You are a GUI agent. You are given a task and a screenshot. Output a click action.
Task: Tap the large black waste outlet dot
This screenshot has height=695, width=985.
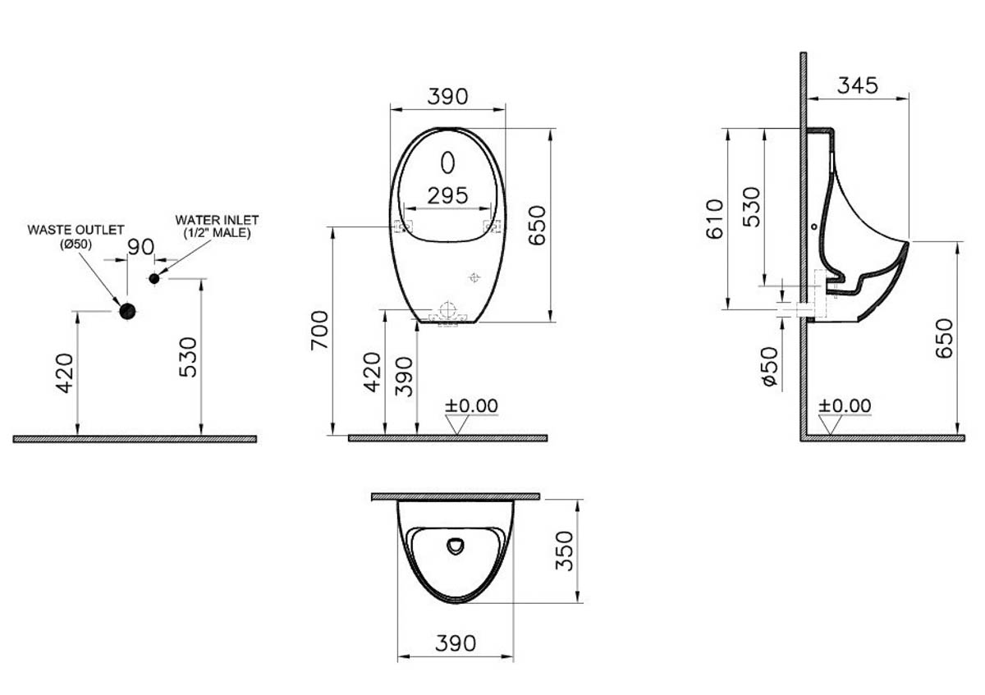click(127, 311)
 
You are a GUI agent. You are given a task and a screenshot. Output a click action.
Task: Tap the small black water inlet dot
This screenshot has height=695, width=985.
click(154, 278)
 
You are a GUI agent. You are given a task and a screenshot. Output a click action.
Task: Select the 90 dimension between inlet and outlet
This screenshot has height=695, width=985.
click(140, 247)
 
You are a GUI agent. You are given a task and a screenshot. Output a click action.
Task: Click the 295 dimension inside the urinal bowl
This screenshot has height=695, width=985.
click(447, 196)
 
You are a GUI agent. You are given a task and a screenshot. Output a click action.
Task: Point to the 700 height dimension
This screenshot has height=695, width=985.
click(319, 330)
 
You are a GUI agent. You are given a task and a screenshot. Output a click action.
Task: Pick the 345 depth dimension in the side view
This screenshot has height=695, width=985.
click(858, 85)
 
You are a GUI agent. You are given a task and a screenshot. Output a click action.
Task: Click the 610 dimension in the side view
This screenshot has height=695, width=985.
click(715, 219)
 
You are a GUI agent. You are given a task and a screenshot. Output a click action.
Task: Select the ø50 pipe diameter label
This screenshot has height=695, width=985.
click(771, 367)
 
